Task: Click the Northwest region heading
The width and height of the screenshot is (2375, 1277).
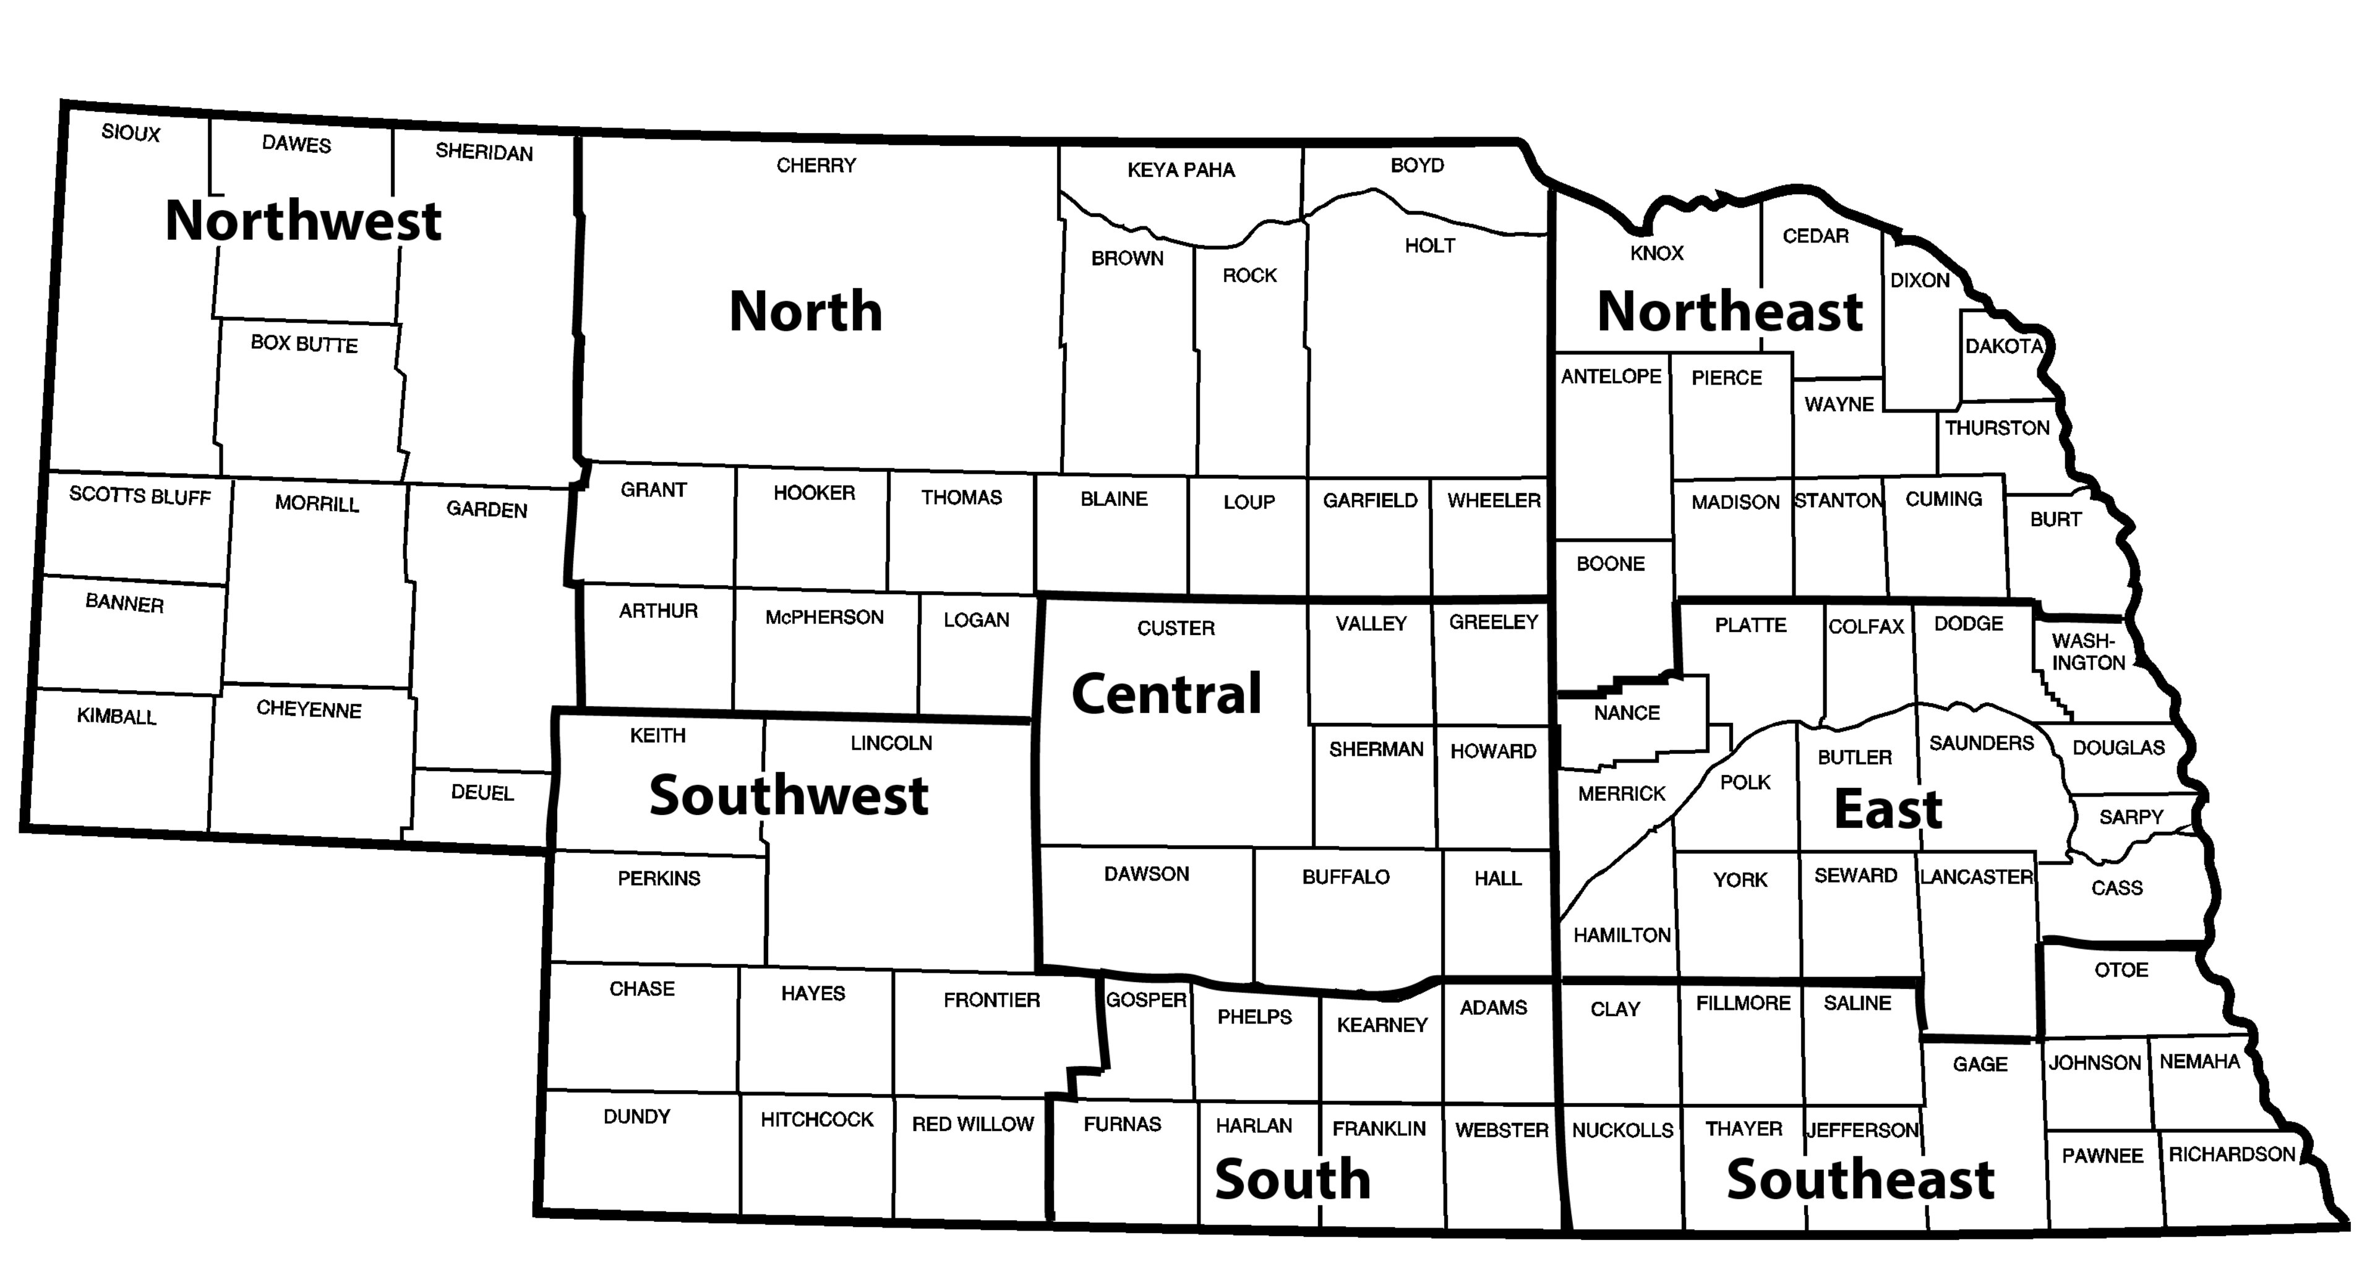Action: [x=302, y=221]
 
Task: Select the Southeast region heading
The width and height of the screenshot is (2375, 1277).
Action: [x=1860, y=1179]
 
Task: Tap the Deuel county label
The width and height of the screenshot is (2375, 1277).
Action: [x=482, y=792]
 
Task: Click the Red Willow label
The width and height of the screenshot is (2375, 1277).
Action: [x=973, y=1124]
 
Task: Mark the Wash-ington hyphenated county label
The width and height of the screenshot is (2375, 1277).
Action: [x=2088, y=651]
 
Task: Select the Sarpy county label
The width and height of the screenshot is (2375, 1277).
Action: [x=2131, y=817]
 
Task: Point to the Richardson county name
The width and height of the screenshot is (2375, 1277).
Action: [x=2231, y=1155]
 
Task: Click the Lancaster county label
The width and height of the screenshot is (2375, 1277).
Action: [x=1976, y=877]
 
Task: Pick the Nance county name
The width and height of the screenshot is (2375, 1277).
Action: [x=1627, y=713]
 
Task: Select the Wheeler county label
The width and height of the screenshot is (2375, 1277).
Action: [x=1494, y=501]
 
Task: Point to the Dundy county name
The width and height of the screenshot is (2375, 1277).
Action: [x=636, y=1117]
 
